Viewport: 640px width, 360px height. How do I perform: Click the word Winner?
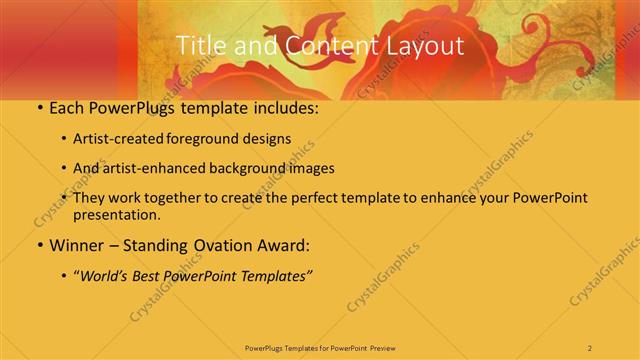[x=77, y=244]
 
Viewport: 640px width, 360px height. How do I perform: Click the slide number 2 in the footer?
[x=590, y=347]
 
